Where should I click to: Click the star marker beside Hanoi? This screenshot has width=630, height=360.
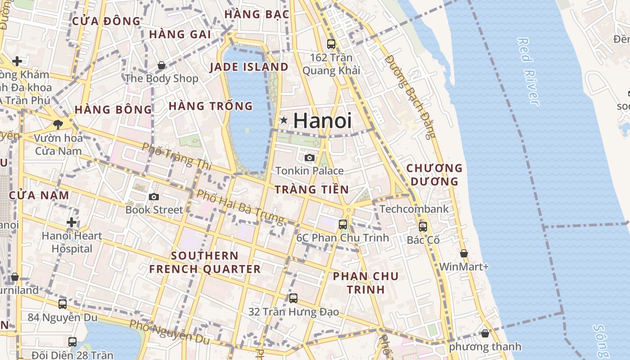[x=284, y=120]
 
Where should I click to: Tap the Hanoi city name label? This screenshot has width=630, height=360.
[x=322, y=121]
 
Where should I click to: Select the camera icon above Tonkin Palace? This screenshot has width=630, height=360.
[x=310, y=157]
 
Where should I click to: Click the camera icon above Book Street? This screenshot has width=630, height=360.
[x=154, y=197]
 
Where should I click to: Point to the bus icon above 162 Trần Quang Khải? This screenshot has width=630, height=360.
[x=331, y=44]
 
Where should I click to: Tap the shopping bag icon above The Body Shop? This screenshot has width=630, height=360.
[x=161, y=66]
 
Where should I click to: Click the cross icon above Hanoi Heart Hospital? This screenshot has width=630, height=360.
[x=72, y=222]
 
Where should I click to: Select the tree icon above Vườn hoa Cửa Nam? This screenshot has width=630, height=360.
[x=58, y=124]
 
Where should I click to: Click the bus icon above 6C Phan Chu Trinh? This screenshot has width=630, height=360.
[x=343, y=224]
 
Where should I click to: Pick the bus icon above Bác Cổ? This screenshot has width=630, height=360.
[x=423, y=226]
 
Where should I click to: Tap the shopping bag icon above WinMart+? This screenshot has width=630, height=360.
[x=464, y=253]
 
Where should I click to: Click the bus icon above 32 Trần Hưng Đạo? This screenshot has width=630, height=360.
[x=293, y=298]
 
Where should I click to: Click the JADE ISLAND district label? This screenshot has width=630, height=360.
[x=249, y=67]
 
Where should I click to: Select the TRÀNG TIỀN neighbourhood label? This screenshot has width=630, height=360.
[x=311, y=189]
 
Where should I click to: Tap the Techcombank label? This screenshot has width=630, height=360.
[x=414, y=209]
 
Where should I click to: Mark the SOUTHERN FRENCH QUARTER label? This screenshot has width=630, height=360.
[x=205, y=262]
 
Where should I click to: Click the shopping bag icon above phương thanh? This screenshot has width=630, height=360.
[x=485, y=333]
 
